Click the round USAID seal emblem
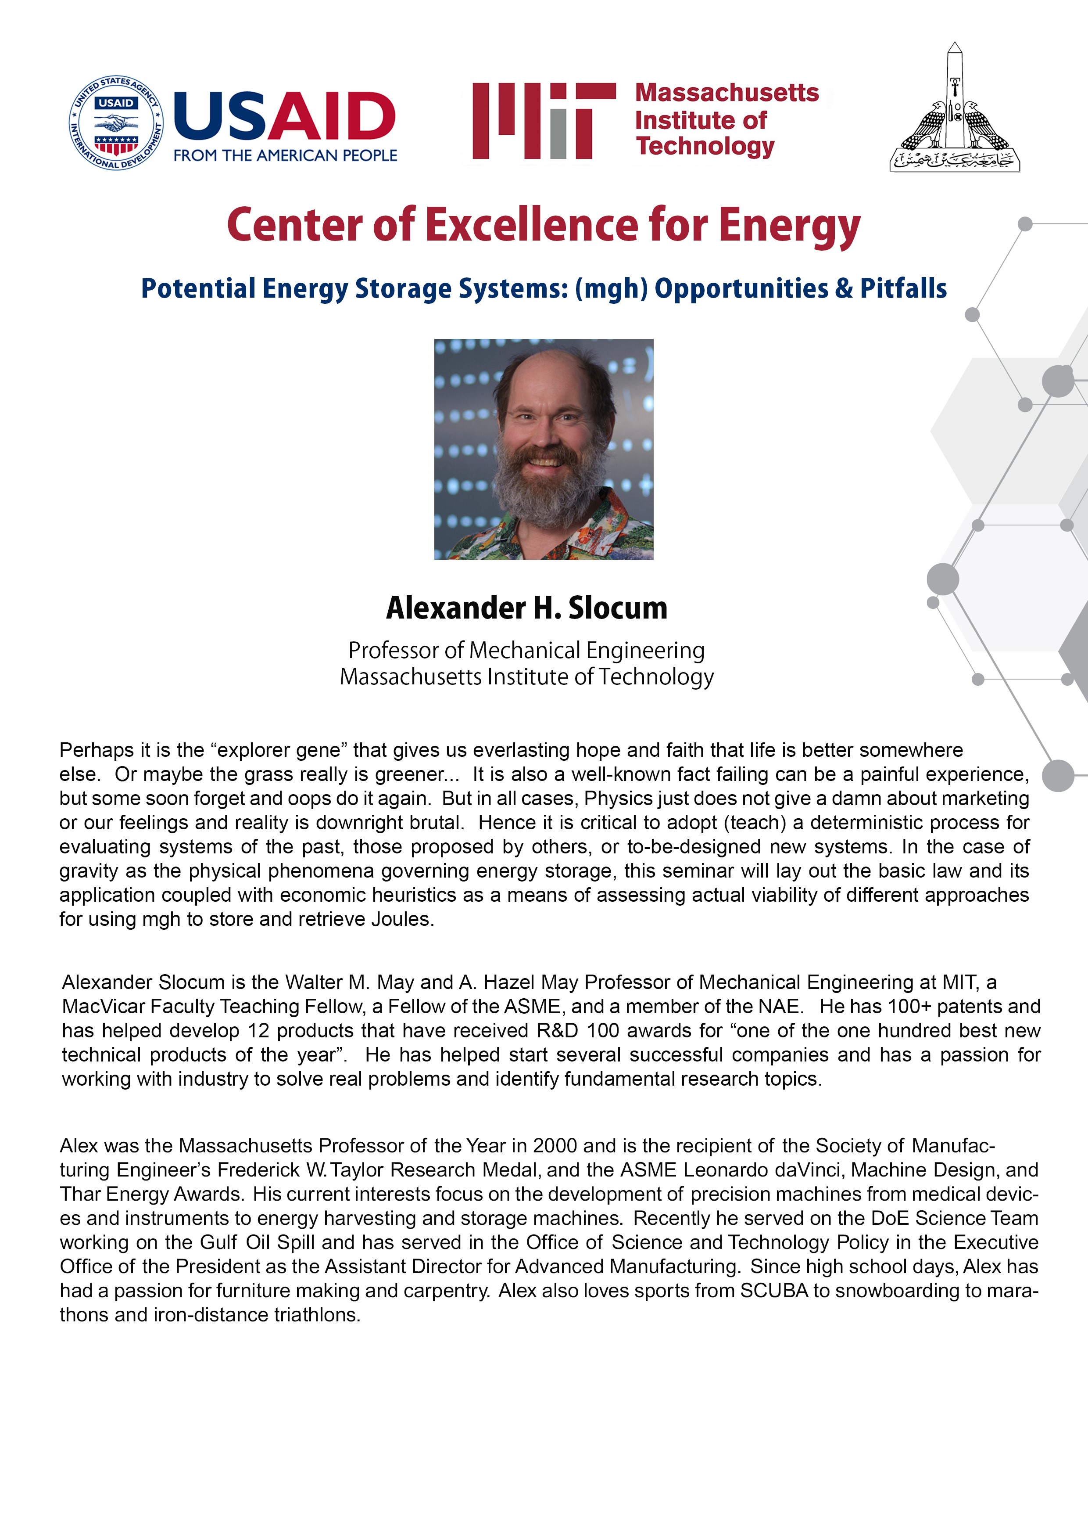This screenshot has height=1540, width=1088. (x=116, y=123)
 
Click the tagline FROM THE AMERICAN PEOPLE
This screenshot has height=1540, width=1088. (x=285, y=155)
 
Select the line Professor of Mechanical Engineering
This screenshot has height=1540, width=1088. (x=526, y=650)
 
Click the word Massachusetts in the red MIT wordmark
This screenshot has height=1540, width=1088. (x=727, y=93)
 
